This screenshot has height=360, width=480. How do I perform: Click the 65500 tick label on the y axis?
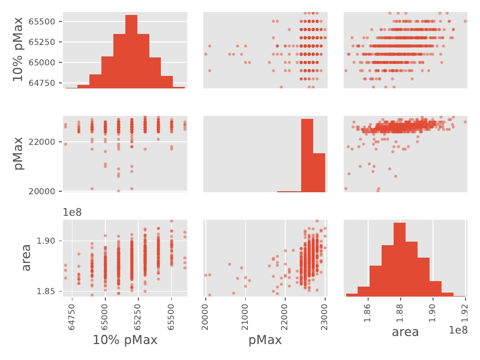(42, 21)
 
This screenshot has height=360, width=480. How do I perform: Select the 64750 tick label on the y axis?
(42, 83)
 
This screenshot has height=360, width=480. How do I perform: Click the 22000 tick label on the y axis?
(42, 142)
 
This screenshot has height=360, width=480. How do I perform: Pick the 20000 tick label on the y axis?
(42, 191)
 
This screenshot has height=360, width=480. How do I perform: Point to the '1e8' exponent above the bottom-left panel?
(72, 212)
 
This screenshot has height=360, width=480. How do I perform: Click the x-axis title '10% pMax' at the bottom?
(125, 341)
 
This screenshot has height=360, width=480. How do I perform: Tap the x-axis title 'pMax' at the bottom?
(265, 341)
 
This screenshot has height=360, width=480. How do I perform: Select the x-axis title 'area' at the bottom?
(405, 332)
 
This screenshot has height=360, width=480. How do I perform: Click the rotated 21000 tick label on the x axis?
(246, 312)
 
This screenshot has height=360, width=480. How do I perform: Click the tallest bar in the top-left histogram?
(131, 52)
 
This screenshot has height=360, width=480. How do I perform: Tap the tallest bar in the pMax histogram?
(307, 155)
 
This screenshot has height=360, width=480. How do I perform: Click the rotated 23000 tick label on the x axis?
(325, 312)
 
